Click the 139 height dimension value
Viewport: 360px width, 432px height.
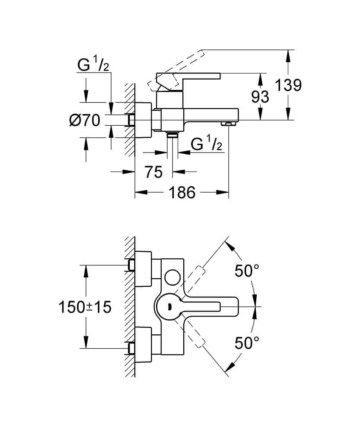288,85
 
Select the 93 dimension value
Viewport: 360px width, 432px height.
260,97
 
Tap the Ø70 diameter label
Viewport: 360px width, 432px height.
85,120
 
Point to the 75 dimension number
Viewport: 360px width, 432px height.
153,172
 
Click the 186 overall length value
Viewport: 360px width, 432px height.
182,192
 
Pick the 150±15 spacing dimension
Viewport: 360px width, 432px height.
85,307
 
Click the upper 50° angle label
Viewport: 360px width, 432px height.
247,271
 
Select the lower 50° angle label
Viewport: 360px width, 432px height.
247,343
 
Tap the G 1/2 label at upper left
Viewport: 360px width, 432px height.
93,65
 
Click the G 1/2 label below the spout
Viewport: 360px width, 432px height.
207,144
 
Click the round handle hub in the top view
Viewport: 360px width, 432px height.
169,307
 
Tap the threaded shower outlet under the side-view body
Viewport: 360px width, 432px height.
173,136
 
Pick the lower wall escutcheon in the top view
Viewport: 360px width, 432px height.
143,345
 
